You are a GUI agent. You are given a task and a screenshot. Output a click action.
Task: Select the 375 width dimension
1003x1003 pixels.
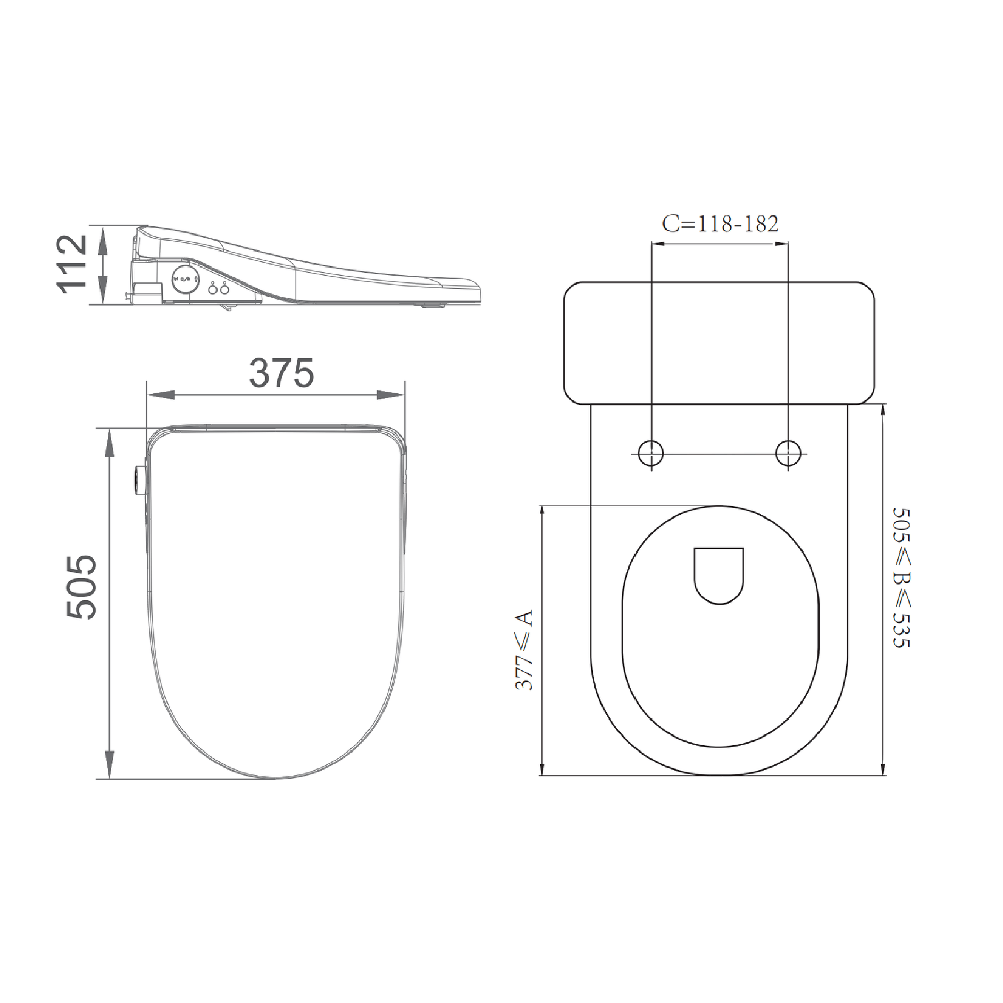(x=281, y=373)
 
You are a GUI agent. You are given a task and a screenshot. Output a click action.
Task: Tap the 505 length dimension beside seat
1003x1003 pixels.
(x=81, y=587)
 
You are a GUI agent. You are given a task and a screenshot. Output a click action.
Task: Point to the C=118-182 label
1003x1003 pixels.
(x=720, y=224)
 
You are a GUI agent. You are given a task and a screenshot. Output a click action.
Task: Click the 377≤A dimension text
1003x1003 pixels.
(x=524, y=650)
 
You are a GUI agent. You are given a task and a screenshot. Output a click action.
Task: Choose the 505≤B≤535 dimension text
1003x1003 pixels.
(x=902, y=578)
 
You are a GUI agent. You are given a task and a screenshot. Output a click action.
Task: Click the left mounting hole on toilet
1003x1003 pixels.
(x=651, y=453)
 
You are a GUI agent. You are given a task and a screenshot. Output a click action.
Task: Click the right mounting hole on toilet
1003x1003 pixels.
(x=788, y=453)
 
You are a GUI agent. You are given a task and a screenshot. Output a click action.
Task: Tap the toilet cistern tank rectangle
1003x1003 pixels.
(x=719, y=343)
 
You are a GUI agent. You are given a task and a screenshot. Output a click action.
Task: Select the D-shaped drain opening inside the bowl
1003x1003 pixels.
(x=719, y=575)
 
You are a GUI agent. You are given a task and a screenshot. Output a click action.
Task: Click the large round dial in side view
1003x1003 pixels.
(x=186, y=279)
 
